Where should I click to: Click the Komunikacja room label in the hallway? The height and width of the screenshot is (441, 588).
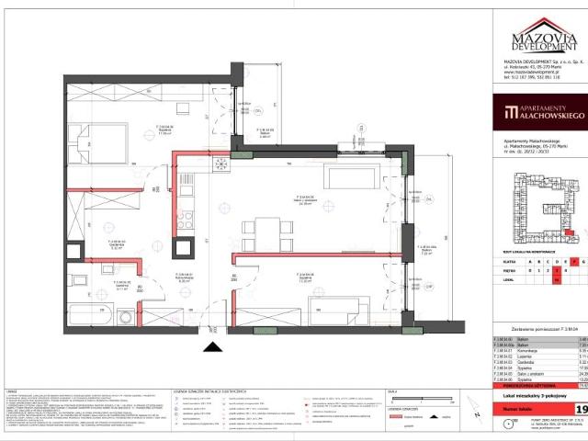[184, 281]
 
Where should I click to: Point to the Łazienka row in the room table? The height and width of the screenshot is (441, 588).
[533, 356]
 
